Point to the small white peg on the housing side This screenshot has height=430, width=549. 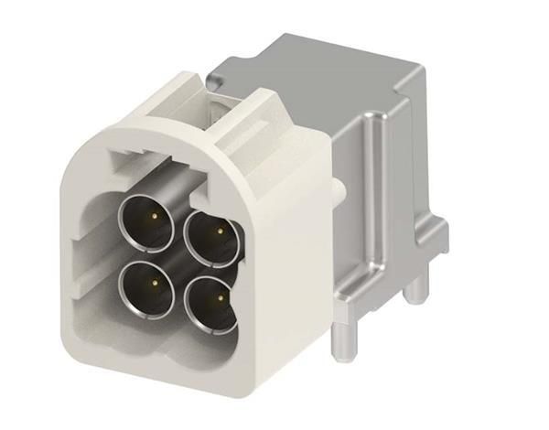[339, 188]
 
